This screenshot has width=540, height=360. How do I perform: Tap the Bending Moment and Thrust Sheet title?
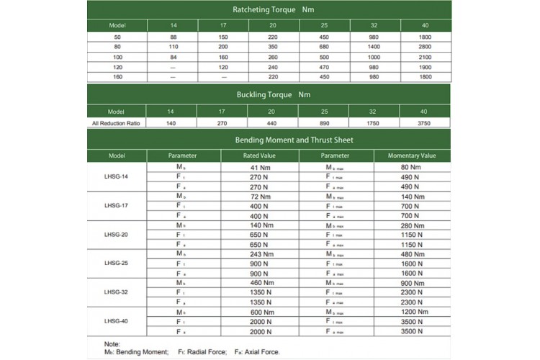(269, 139)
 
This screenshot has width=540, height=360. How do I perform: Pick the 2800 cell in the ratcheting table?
(426, 46)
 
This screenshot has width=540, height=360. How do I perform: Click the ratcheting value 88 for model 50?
(173, 36)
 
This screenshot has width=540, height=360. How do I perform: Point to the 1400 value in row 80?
(374, 46)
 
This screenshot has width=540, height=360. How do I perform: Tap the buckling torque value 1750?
(374, 122)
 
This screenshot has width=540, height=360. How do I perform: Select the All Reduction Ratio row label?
(117, 122)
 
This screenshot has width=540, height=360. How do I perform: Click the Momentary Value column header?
(412, 156)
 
